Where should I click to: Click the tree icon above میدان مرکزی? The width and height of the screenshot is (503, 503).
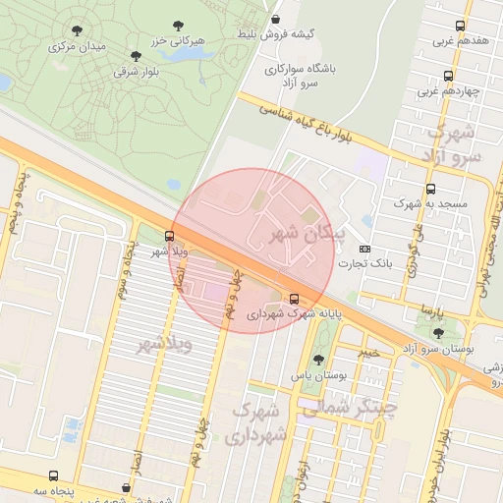(78, 30)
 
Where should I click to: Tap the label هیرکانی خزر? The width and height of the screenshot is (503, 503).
(177, 41)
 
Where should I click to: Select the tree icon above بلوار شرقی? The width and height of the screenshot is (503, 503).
(136, 56)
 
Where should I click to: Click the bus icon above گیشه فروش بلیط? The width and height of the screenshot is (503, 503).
(276, 18)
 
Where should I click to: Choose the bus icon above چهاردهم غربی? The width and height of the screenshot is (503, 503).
(449, 76)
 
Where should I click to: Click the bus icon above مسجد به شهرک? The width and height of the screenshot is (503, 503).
(430, 189)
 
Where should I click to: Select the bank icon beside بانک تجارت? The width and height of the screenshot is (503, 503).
(365, 249)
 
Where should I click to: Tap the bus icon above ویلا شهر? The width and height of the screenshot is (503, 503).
(170, 236)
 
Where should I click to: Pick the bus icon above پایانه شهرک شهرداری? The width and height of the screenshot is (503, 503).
(295, 299)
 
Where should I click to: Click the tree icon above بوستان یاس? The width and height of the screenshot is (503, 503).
(317, 360)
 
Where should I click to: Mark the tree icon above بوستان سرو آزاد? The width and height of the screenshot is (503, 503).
(438, 333)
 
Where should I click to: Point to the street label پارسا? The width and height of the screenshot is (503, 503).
(431, 309)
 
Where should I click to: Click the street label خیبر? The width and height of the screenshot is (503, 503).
(367, 351)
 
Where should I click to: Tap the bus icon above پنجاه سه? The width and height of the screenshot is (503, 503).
(126, 487)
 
